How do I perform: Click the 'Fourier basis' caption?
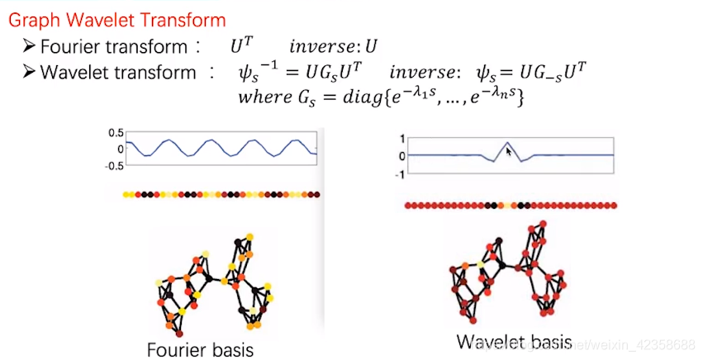(200, 348)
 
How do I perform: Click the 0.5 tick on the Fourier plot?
(116, 133)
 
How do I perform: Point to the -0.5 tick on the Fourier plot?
(114, 165)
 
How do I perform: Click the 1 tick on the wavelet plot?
(402, 139)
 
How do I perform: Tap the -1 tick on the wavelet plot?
(400, 173)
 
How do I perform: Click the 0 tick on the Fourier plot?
(120, 149)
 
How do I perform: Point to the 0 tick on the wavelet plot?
(402, 156)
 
